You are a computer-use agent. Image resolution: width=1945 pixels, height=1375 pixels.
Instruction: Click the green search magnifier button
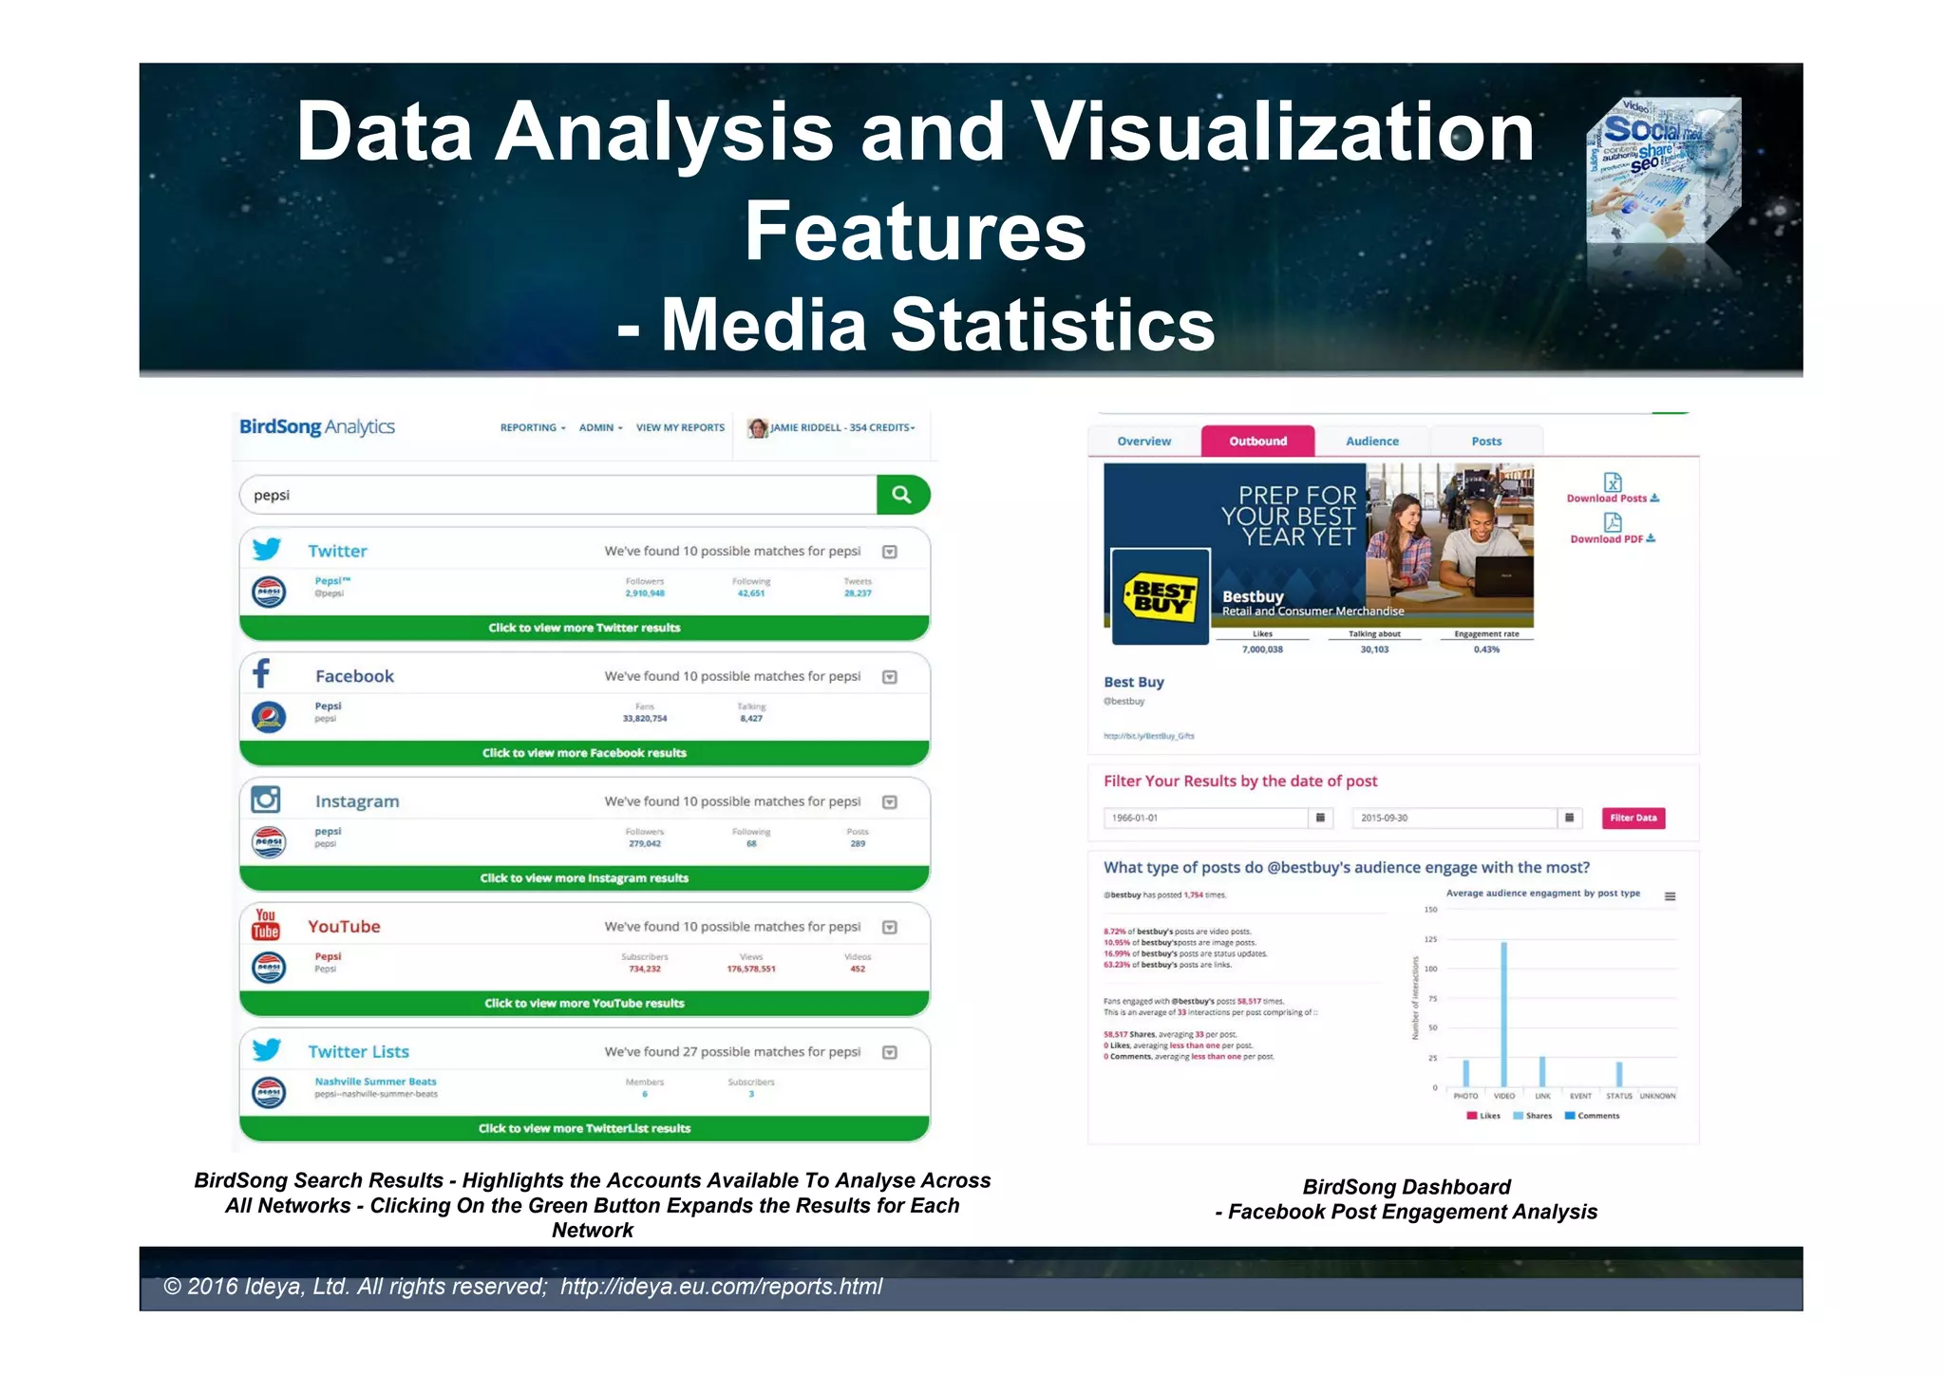click(x=901, y=495)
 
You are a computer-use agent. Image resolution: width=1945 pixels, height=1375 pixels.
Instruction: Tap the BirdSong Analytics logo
click(x=316, y=427)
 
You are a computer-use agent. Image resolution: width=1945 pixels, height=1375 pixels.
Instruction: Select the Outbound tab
click(x=1257, y=442)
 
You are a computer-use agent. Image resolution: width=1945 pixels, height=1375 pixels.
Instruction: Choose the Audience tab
click(x=1371, y=442)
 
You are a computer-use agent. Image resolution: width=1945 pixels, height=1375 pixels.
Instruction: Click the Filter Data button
click(x=1633, y=818)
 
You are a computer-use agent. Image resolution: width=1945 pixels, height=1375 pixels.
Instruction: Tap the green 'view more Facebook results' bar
click(x=584, y=753)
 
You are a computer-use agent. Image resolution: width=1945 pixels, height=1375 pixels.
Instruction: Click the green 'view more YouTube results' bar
click(x=584, y=1004)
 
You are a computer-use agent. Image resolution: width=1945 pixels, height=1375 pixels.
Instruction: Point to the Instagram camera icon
click(x=266, y=801)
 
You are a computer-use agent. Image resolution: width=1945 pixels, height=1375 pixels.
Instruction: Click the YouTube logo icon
click(x=266, y=924)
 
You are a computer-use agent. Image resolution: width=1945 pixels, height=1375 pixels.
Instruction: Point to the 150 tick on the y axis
click(x=1431, y=910)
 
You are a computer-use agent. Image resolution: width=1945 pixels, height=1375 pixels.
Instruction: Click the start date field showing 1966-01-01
click(x=1204, y=818)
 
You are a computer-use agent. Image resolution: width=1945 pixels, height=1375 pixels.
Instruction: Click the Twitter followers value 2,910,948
click(x=645, y=593)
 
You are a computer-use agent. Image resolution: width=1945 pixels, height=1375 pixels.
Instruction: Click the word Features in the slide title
click(x=915, y=231)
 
